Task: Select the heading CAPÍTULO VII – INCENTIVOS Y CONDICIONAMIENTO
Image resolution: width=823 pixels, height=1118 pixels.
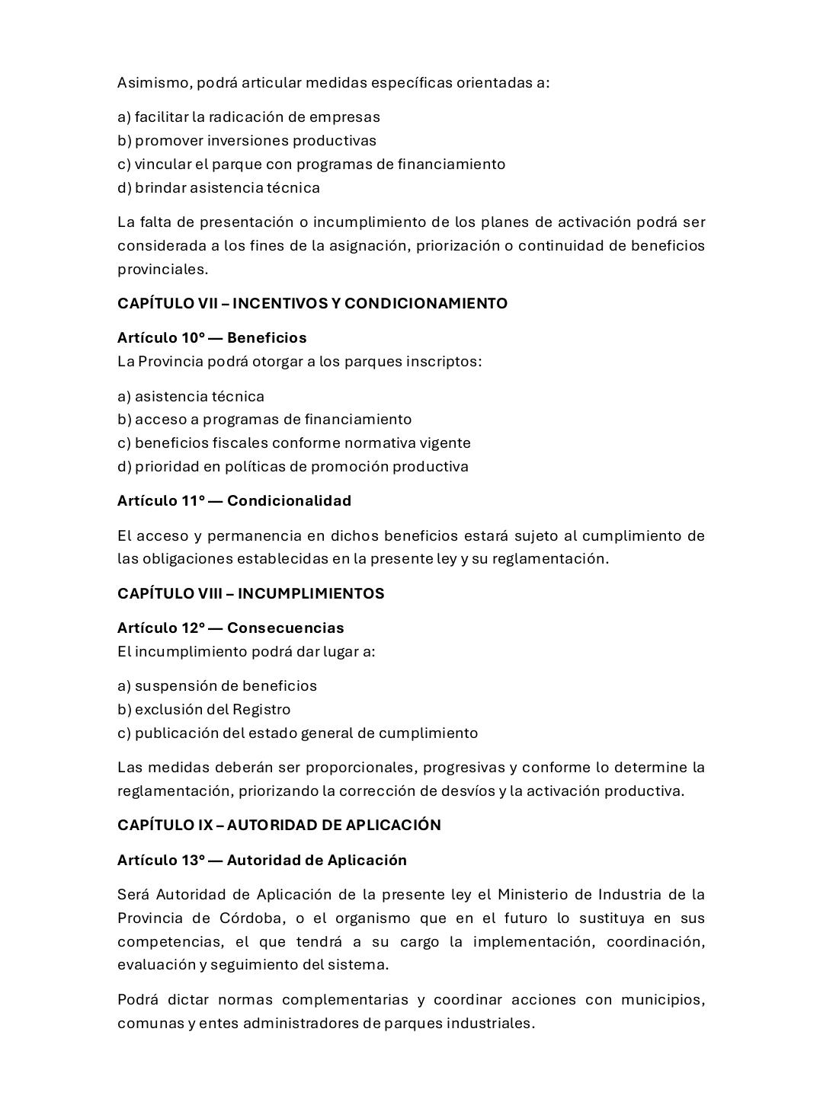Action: click(312, 303)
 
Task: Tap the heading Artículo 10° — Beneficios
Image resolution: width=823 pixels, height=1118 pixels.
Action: click(212, 337)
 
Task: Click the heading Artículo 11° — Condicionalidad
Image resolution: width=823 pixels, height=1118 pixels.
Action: click(234, 500)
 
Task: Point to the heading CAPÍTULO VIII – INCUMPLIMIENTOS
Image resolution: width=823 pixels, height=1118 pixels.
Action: click(251, 593)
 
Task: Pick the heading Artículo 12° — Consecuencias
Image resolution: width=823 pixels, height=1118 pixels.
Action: click(230, 628)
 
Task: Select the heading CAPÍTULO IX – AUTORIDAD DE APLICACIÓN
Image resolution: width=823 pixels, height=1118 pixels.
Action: click(279, 825)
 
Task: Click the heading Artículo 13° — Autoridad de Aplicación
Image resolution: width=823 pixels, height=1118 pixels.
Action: click(262, 860)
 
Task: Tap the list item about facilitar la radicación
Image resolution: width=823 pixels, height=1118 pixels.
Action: click(248, 117)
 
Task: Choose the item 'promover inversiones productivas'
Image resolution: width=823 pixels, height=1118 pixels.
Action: click(247, 141)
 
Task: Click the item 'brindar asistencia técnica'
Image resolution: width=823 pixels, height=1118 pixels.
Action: click(219, 187)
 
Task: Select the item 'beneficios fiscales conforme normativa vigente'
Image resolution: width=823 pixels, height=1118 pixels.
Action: click(294, 442)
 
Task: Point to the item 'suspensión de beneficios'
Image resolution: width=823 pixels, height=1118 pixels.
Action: click(217, 685)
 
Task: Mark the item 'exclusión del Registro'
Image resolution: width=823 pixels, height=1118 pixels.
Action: click(204, 709)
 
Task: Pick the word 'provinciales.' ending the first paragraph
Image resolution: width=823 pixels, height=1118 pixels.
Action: click(162, 269)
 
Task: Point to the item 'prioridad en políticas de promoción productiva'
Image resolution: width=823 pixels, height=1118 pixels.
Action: click(293, 466)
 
